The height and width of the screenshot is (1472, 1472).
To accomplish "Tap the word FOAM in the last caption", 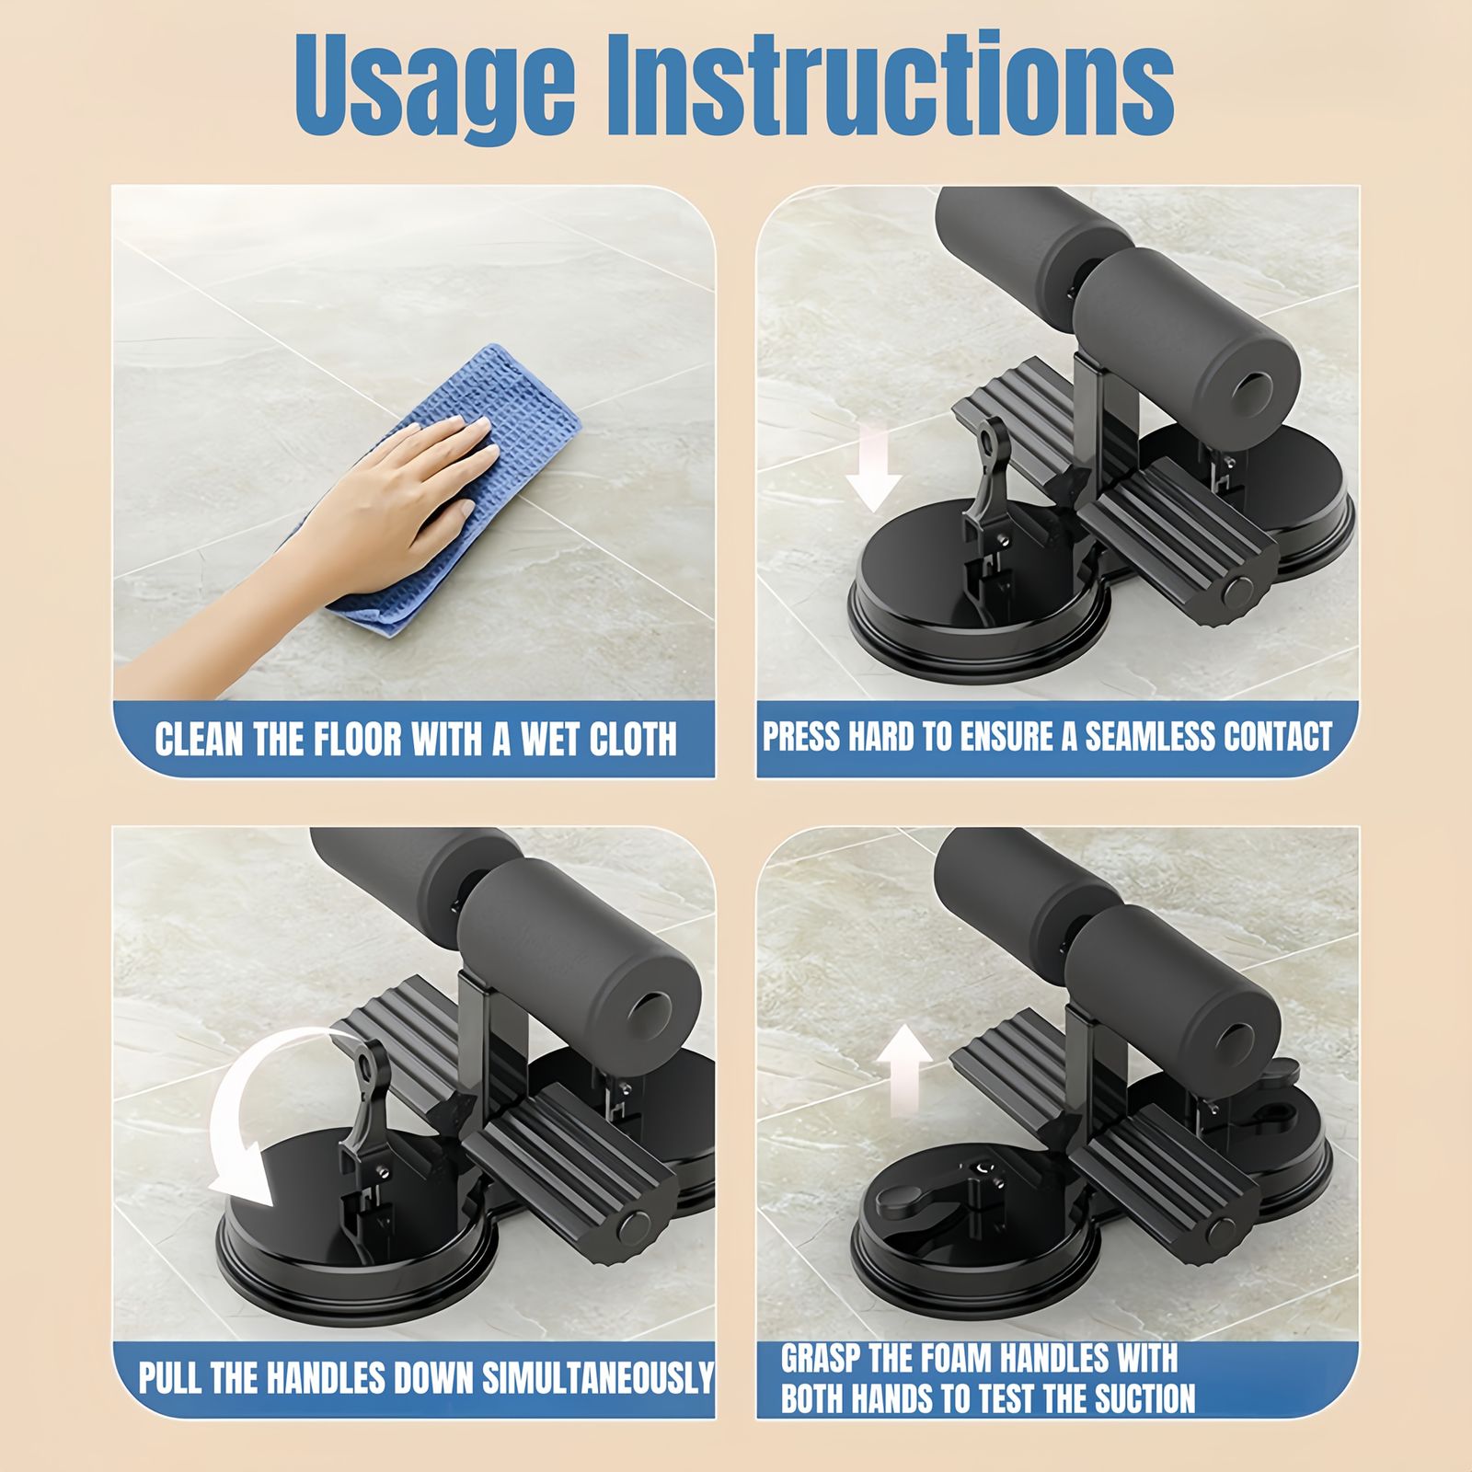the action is pyautogui.click(x=934, y=1358).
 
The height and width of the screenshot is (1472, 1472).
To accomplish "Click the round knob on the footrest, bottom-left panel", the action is pyautogui.click(x=634, y=1226).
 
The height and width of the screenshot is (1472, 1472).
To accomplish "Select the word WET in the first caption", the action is pyautogui.click(x=524, y=739).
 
